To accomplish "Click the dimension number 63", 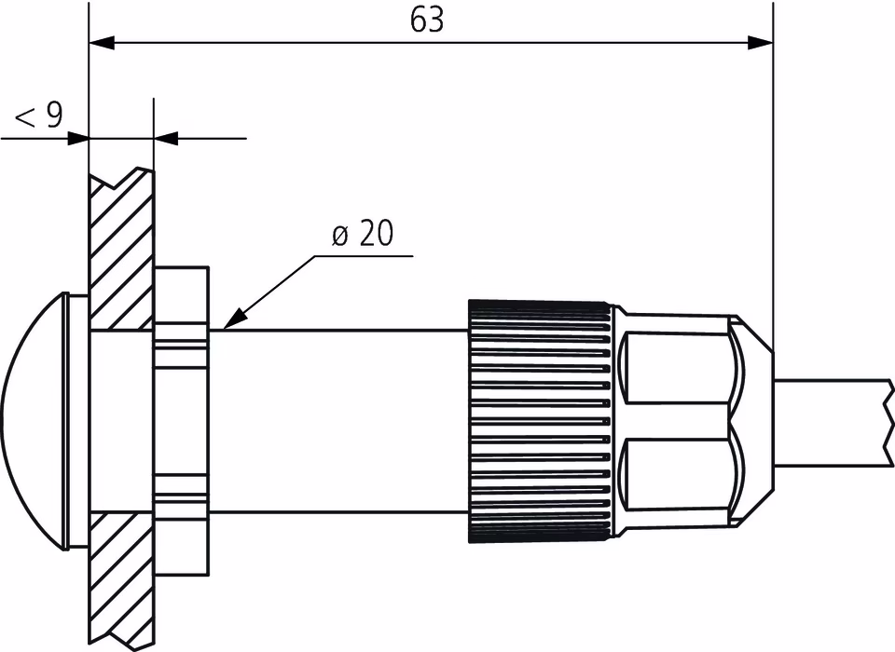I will point(427,20).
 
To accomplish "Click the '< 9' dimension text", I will point(39,116).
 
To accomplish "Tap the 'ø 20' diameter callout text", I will point(363,235).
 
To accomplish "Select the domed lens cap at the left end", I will point(33,419).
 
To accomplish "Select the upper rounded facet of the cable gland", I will point(673,368).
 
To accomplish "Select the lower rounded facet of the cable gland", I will point(673,475).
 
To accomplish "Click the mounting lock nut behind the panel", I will point(181,419).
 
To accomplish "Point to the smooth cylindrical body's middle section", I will point(336,419).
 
